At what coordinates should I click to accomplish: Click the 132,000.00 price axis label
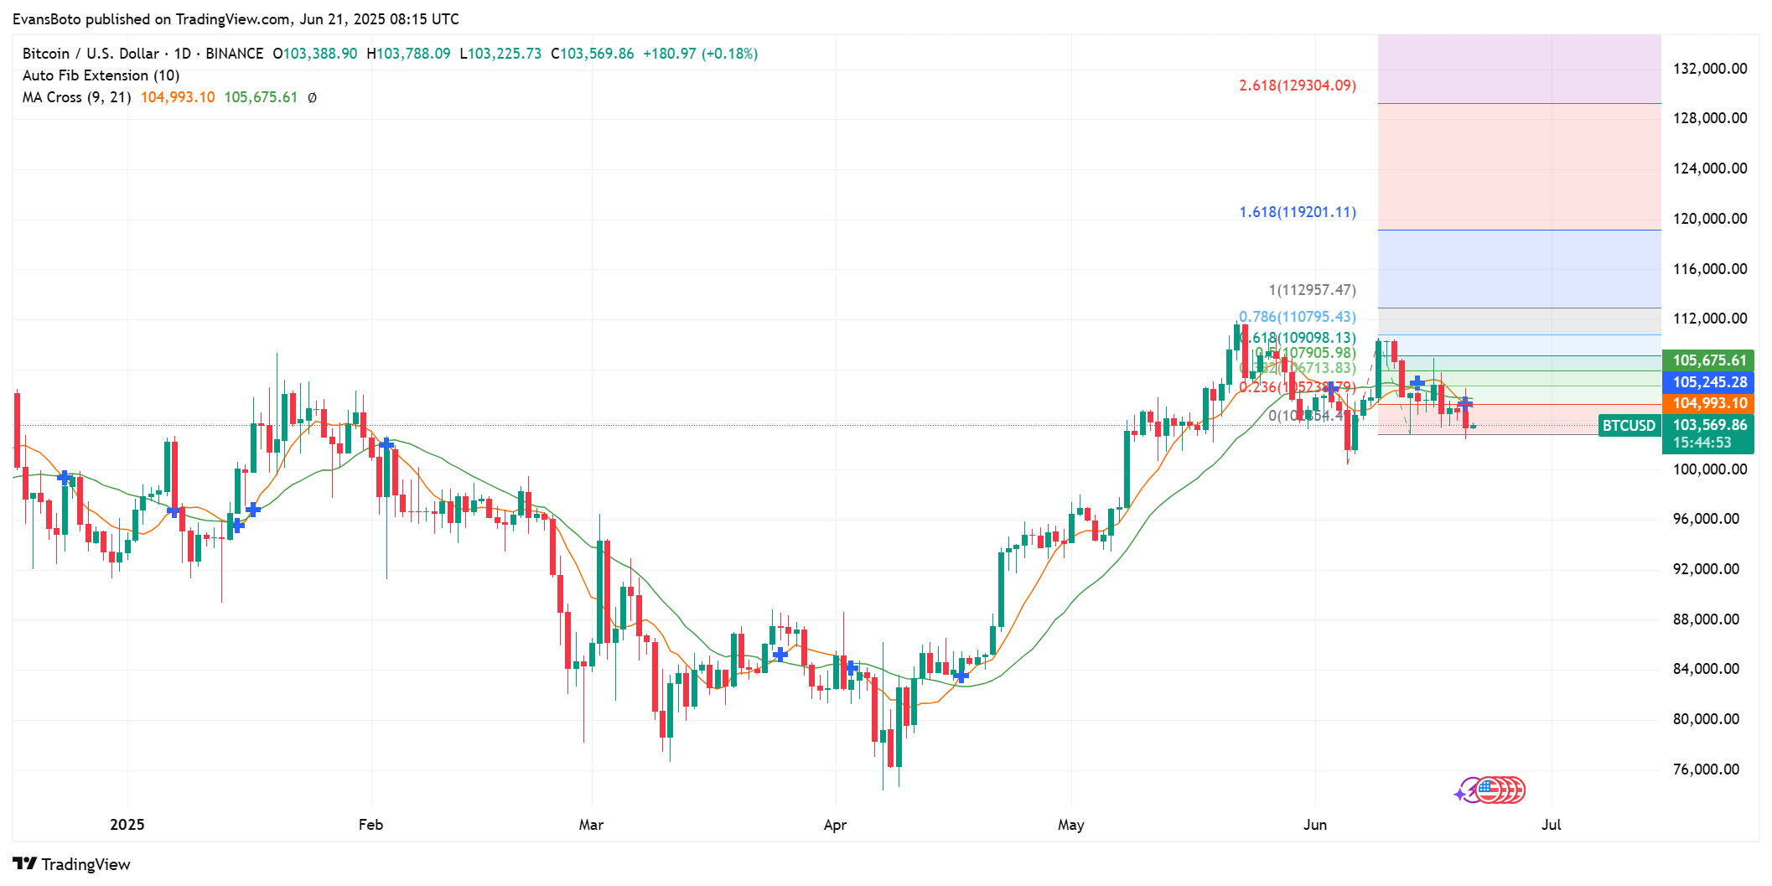point(1709,69)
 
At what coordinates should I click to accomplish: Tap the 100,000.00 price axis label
point(1709,469)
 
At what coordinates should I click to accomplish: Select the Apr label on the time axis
point(835,825)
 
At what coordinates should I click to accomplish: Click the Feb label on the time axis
point(370,825)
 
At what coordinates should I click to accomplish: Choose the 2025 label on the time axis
point(127,825)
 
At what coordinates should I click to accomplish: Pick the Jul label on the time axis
point(1551,825)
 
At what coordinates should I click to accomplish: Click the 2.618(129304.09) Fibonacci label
point(1297,85)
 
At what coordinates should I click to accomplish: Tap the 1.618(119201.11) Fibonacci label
point(1297,212)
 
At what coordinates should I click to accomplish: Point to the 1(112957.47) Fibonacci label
point(1311,290)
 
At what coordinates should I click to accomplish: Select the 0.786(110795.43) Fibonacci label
point(1297,317)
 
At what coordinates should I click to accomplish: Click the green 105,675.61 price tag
point(1708,360)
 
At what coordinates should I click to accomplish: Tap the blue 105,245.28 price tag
point(1708,382)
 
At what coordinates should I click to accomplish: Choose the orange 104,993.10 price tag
point(1708,403)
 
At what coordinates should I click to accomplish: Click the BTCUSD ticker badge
point(1629,426)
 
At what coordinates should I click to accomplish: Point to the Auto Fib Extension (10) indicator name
point(101,75)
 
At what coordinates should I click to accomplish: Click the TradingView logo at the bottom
point(72,864)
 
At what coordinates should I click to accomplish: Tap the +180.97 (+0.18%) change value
point(700,54)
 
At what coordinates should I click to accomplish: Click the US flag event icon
point(1488,790)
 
